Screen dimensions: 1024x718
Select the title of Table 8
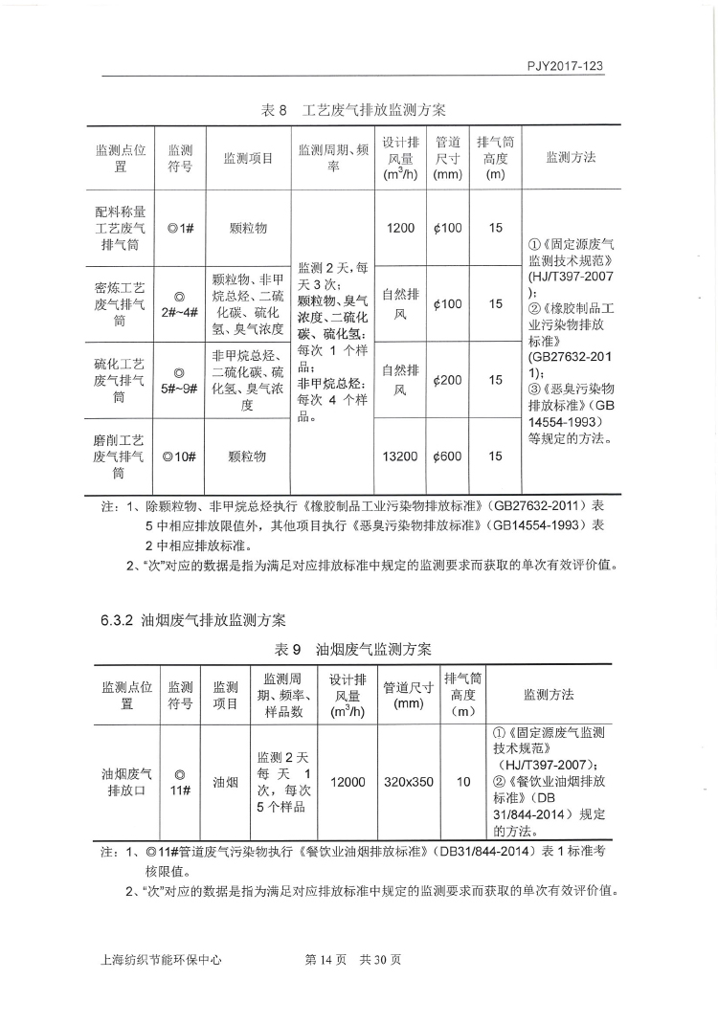click(x=354, y=109)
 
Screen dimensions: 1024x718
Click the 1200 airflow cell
click(x=400, y=228)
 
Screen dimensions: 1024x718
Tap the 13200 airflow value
click(x=400, y=456)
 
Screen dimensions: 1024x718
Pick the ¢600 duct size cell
click(x=447, y=456)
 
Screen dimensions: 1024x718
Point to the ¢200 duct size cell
click(x=447, y=380)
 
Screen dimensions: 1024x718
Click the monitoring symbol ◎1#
click(x=180, y=228)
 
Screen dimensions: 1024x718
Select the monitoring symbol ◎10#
click(x=180, y=456)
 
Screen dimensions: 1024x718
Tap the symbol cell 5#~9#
click(x=180, y=380)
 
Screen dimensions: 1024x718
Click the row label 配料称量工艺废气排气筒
click(x=120, y=228)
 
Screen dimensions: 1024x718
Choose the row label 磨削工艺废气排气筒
click(x=120, y=456)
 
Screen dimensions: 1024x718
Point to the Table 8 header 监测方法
click(x=571, y=157)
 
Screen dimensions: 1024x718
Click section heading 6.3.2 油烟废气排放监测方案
click(x=193, y=621)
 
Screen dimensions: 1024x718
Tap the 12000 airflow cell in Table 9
click(x=348, y=782)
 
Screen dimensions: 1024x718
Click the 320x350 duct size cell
click(x=409, y=782)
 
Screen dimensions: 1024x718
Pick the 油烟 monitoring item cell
click(x=225, y=782)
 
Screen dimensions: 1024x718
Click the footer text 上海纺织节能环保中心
click(x=160, y=960)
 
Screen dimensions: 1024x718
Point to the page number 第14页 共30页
click(x=352, y=960)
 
